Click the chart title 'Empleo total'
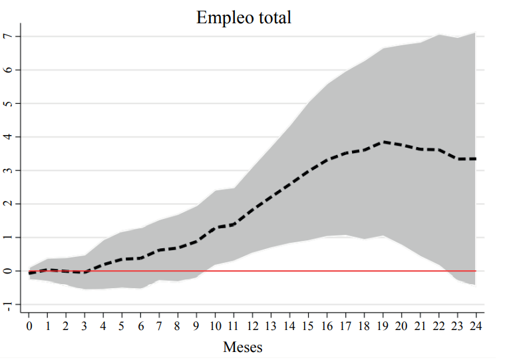(244, 18)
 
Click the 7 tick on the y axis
(9, 36)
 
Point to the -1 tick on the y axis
(9, 306)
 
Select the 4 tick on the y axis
(9, 137)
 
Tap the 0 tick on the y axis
(9, 271)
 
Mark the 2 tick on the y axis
(9, 204)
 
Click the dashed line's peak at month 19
(383, 142)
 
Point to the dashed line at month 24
(476, 159)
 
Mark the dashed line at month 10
(215, 228)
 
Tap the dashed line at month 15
(308, 172)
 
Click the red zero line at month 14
(289, 271)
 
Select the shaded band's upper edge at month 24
(476, 32)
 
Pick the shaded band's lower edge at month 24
(476, 285)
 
